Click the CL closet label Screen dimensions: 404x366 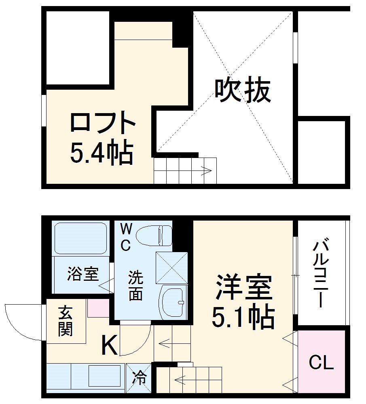pos(322,363)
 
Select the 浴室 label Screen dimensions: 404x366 pos(83,274)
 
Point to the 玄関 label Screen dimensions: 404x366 pos(65,321)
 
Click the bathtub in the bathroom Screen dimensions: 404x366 pos(80,238)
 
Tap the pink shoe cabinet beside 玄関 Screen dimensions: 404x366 pos(98,308)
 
